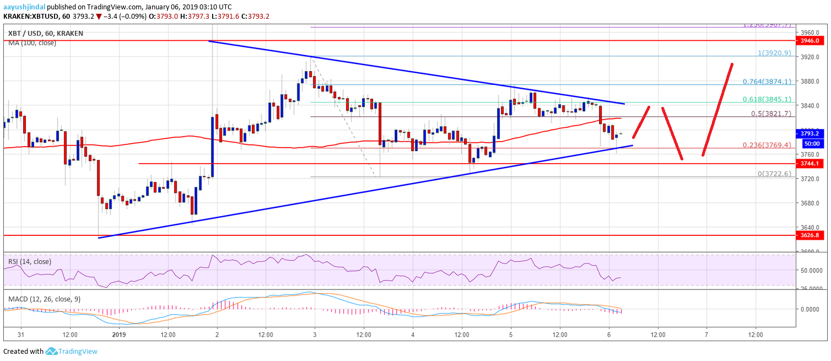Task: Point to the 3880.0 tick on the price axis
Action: click(810, 82)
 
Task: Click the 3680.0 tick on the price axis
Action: click(810, 203)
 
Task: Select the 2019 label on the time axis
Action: click(119, 335)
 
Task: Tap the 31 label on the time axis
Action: click(21, 335)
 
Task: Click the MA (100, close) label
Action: click(32, 42)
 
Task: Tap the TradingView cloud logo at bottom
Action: click(52, 351)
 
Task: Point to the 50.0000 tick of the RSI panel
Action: click(812, 271)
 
